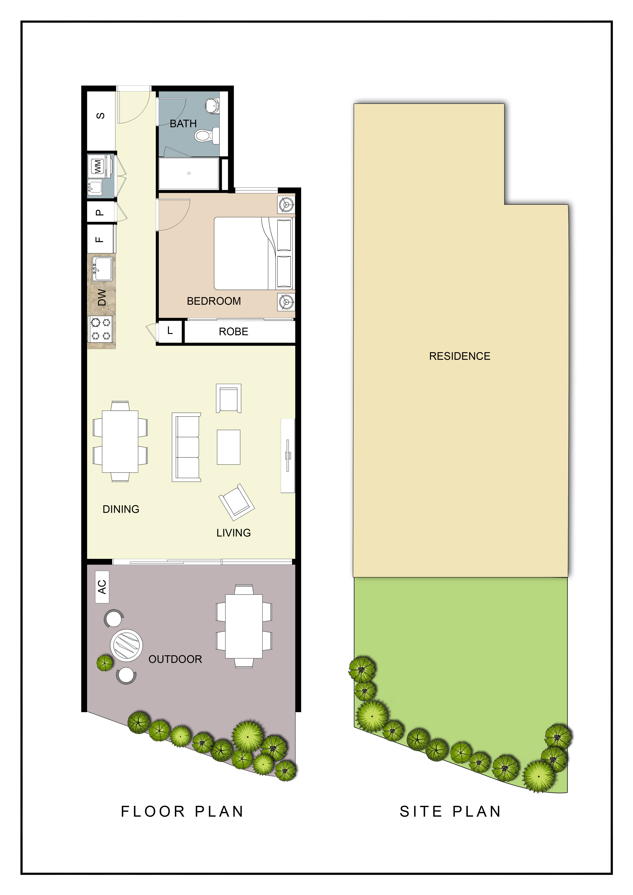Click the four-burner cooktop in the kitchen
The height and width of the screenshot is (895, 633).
coord(101,329)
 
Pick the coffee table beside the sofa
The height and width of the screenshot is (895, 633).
coord(228,447)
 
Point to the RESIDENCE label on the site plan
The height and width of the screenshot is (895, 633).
coord(459,356)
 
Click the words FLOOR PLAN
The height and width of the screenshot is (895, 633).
coord(182,812)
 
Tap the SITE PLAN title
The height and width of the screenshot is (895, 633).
coord(450,812)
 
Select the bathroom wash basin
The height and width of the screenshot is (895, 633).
coord(213,105)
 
